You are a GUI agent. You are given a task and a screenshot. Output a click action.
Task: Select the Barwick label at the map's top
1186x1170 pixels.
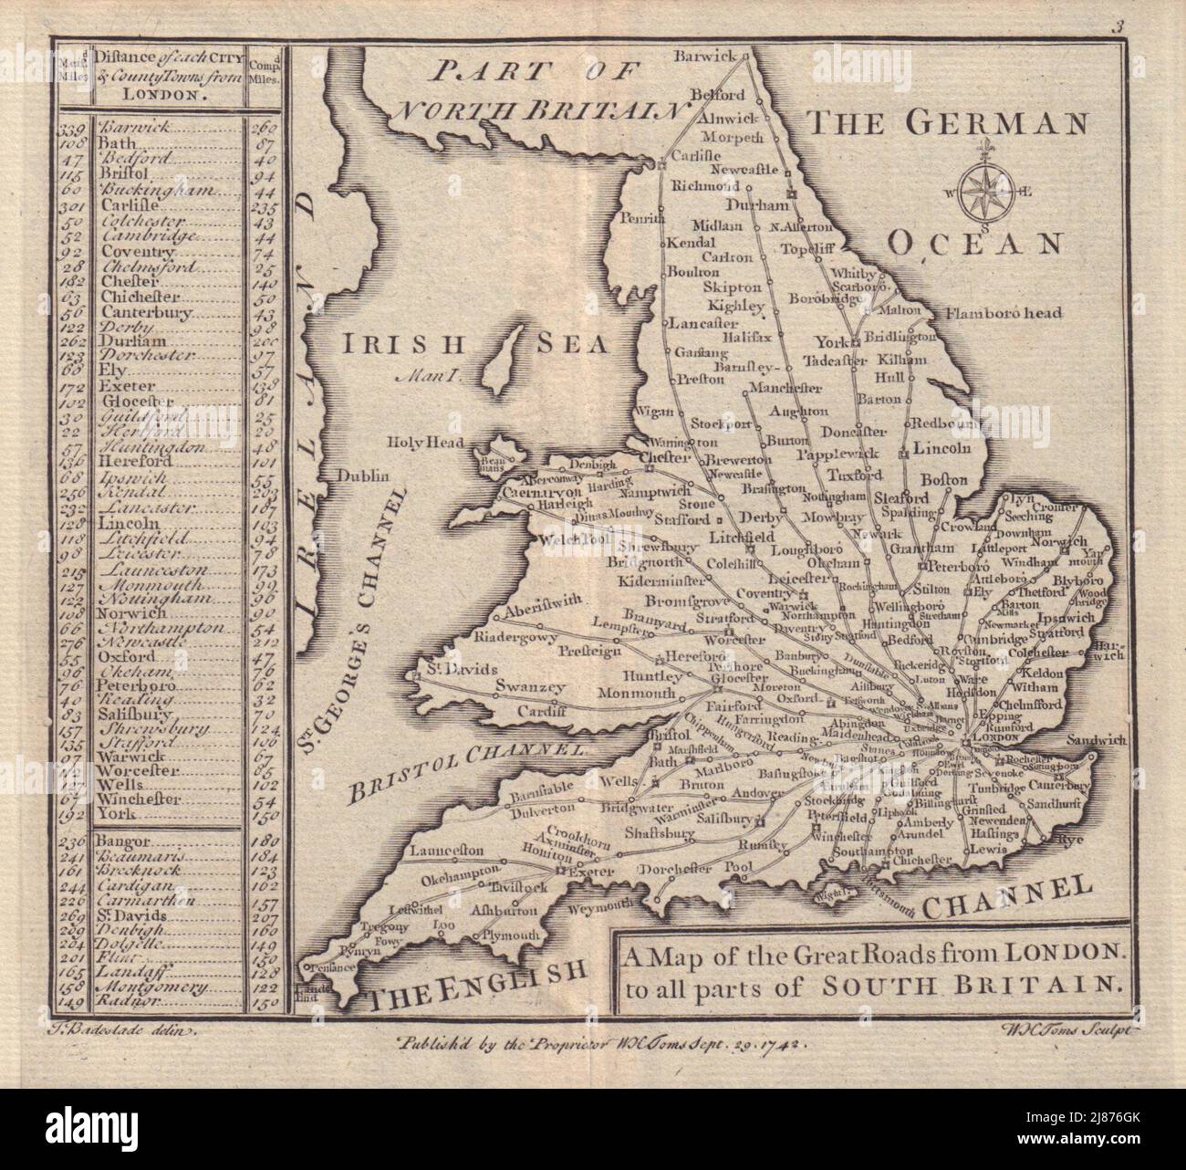click(x=703, y=56)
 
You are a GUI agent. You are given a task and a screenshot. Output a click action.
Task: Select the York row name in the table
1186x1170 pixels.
click(x=113, y=816)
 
